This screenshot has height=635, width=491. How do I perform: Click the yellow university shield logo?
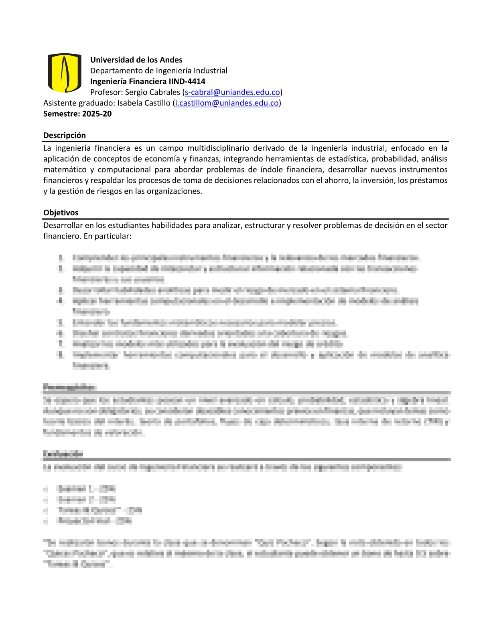pos(65,73)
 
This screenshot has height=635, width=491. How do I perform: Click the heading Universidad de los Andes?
pos(136,60)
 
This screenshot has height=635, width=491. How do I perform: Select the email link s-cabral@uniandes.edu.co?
pos(232,92)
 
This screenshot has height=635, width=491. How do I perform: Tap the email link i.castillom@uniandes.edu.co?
pos(227,103)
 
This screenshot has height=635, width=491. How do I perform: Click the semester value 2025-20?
pos(97,114)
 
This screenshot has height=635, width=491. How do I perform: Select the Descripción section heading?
pos(65,135)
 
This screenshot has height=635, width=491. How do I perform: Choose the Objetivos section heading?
pos(61,212)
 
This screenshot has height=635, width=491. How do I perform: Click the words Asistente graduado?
pos(79,103)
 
